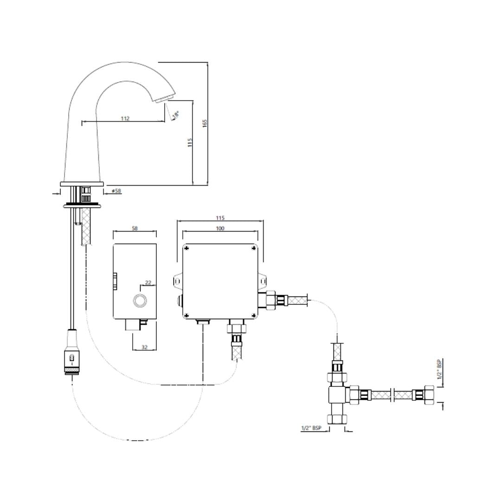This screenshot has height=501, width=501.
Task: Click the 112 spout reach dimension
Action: [125, 118]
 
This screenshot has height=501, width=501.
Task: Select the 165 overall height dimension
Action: [205, 123]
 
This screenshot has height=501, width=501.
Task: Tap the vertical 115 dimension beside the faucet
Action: [190, 142]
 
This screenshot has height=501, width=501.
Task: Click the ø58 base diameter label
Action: [116, 191]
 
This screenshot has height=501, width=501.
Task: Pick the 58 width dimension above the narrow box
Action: [135, 228]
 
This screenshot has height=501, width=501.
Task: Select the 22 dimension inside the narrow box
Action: [148, 283]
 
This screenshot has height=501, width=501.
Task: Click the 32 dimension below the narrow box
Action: [144, 347]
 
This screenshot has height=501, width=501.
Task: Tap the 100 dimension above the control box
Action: [220, 228]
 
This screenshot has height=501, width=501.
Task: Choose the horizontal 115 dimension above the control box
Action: [220, 218]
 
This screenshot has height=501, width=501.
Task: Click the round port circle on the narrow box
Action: [140, 301]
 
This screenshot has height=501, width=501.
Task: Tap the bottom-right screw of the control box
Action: [254, 315]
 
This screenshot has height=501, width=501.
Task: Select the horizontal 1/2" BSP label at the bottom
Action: [311, 428]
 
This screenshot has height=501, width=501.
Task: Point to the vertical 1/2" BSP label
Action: [439, 369]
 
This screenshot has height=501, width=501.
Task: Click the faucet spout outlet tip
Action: [165, 99]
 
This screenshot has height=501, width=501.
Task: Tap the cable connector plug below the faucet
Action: [71, 353]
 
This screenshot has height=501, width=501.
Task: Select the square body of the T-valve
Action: [337, 395]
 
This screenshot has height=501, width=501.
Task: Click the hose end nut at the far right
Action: [429, 395]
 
